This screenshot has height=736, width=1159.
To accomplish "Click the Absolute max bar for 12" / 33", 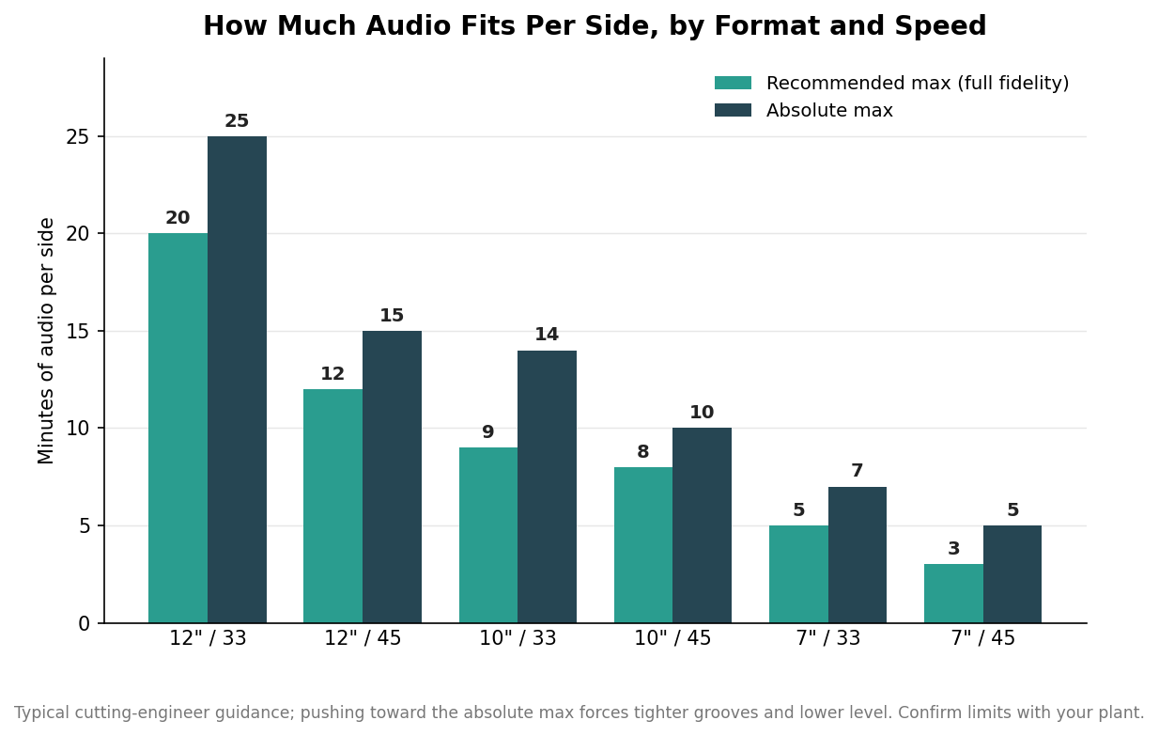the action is tap(237, 380).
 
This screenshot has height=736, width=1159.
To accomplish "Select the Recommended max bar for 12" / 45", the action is tap(332, 506).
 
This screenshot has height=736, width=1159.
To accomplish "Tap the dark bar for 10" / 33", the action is tap(547, 487).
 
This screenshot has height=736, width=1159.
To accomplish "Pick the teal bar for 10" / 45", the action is tap(643, 545).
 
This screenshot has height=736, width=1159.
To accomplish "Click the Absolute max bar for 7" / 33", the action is tap(858, 555).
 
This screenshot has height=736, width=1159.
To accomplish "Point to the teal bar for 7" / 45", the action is tap(953, 593).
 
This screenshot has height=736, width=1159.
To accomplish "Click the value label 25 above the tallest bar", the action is tap(237, 121).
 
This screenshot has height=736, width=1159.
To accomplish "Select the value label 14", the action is tap(547, 335).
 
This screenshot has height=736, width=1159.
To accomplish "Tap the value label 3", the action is tap(953, 549).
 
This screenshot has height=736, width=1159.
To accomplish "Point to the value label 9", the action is tap(487, 432).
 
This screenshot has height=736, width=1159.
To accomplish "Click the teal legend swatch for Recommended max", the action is tap(733, 83).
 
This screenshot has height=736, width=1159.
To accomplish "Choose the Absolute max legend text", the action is tap(829, 110).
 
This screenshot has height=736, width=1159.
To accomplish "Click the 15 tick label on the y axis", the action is tap(78, 332).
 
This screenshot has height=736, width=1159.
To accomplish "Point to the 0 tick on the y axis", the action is tap(84, 623).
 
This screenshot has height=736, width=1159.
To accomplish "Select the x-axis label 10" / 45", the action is tap(672, 638).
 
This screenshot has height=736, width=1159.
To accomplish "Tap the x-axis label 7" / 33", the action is tap(827, 638).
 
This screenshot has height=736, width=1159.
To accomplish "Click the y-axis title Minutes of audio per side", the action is tap(46, 341).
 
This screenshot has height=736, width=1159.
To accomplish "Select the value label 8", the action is tap(643, 451).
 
